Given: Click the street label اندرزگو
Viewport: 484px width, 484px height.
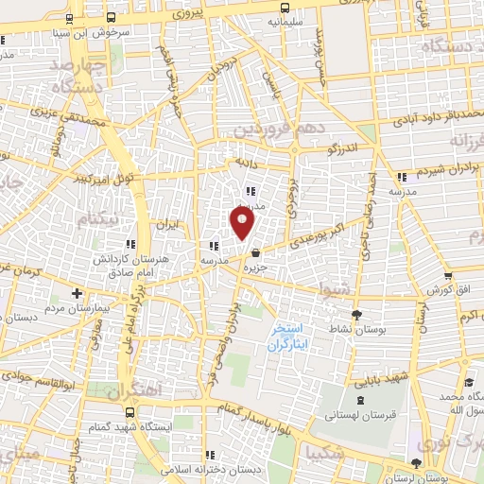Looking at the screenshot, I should pyautogui.click(x=343, y=147).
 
